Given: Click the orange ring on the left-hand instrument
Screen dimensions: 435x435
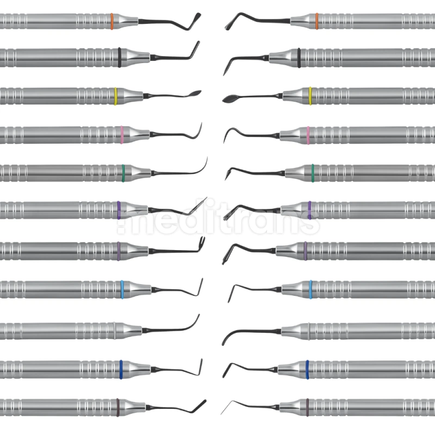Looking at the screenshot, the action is (x=112, y=21).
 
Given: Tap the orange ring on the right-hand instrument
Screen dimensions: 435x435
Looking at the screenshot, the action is (x=317, y=21).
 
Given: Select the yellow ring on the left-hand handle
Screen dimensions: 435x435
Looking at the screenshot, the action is (x=116, y=96).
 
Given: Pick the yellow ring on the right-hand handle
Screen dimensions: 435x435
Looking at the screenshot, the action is (x=310, y=96).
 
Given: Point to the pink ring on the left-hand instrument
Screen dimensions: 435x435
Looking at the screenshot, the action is (x=121, y=135).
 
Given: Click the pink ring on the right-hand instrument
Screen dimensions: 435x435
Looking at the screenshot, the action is (x=308, y=135).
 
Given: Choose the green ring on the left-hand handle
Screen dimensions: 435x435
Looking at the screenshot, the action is (x=123, y=173).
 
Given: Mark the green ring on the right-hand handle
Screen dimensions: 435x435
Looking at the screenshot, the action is (x=313, y=173).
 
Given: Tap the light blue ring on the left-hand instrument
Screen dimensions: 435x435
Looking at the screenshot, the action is (x=122, y=289).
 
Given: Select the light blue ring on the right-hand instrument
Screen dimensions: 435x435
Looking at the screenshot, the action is (x=310, y=289).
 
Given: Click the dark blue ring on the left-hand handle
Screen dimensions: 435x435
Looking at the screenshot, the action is (x=121, y=370).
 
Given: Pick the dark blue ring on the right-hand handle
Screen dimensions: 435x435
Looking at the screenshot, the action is (x=307, y=370).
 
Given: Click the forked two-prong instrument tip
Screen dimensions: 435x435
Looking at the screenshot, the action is (x=202, y=241).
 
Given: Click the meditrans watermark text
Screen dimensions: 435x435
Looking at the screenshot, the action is (x=219, y=216).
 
